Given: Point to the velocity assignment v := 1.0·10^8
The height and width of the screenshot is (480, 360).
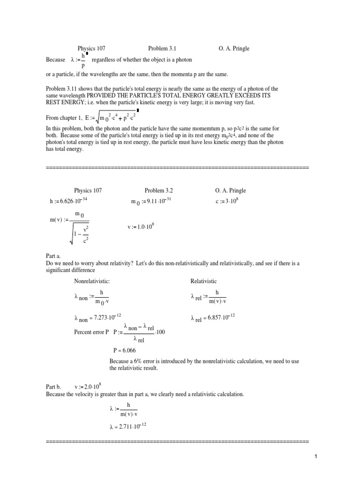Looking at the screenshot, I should (141, 227).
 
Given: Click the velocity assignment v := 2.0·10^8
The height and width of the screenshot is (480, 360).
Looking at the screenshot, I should (88, 387).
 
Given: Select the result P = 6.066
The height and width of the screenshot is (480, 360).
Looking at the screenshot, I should (124, 350).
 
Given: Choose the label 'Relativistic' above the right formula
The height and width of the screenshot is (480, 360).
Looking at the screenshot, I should (203, 281).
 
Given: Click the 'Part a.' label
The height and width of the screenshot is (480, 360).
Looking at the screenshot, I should (54, 256).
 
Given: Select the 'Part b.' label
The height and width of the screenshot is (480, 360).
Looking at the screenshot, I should (54, 387).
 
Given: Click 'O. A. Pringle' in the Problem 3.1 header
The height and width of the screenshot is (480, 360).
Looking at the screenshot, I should (234, 48).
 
